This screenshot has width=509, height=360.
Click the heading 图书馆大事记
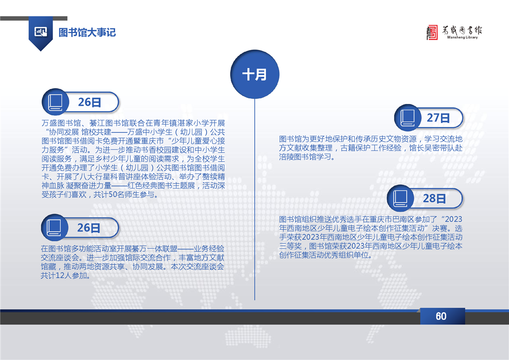tap(87, 33)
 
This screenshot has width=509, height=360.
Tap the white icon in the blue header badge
tap(40, 32)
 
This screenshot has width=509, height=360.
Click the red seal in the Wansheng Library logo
tap(432, 33)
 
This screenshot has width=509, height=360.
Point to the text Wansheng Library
tap(462, 37)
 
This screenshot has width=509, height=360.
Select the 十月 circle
tap(255, 74)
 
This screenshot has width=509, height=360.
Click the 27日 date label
tap(438, 118)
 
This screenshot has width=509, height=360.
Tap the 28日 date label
tap(434, 198)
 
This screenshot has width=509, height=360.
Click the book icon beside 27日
tap(407, 118)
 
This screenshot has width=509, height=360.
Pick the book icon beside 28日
tap(400, 198)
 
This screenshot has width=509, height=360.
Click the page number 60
tap(441, 316)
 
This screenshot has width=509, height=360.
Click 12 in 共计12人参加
tap(60, 276)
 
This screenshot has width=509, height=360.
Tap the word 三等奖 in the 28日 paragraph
tap(290, 246)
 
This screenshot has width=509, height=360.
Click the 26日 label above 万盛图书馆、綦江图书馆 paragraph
tap(89, 102)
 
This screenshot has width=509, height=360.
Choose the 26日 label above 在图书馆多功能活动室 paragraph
tap(88, 228)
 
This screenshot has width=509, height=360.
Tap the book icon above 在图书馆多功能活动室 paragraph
tap(54, 227)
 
